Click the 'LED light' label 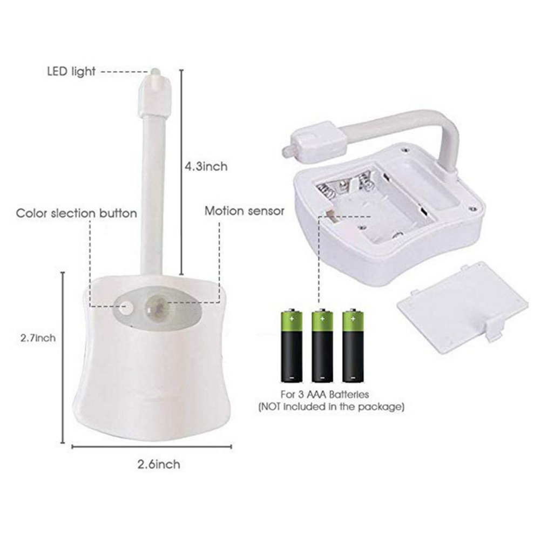pyautogui.click(x=71, y=72)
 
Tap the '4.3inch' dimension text pyautogui.click(x=206, y=167)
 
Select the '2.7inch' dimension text pyautogui.click(x=38, y=338)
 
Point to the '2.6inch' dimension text pyautogui.click(x=159, y=464)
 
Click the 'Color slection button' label pyautogui.click(x=76, y=213)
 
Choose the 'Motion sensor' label pyautogui.click(x=244, y=211)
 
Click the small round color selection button pyautogui.click(x=127, y=306)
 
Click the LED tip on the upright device pyautogui.click(x=154, y=72)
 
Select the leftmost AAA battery pyautogui.click(x=292, y=346)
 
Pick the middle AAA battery pyautogui.click(x=322, y=346)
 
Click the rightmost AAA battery pyautogui.click(x=353, y=346)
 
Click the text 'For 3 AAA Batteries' pyautogui.click(x=324, y=394)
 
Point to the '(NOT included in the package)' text pyautogui.click(x=331, y=407)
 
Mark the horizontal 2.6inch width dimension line pyautogui.click(x=152, y=447)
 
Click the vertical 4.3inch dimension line pyautogui.click(x=181, y=172)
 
